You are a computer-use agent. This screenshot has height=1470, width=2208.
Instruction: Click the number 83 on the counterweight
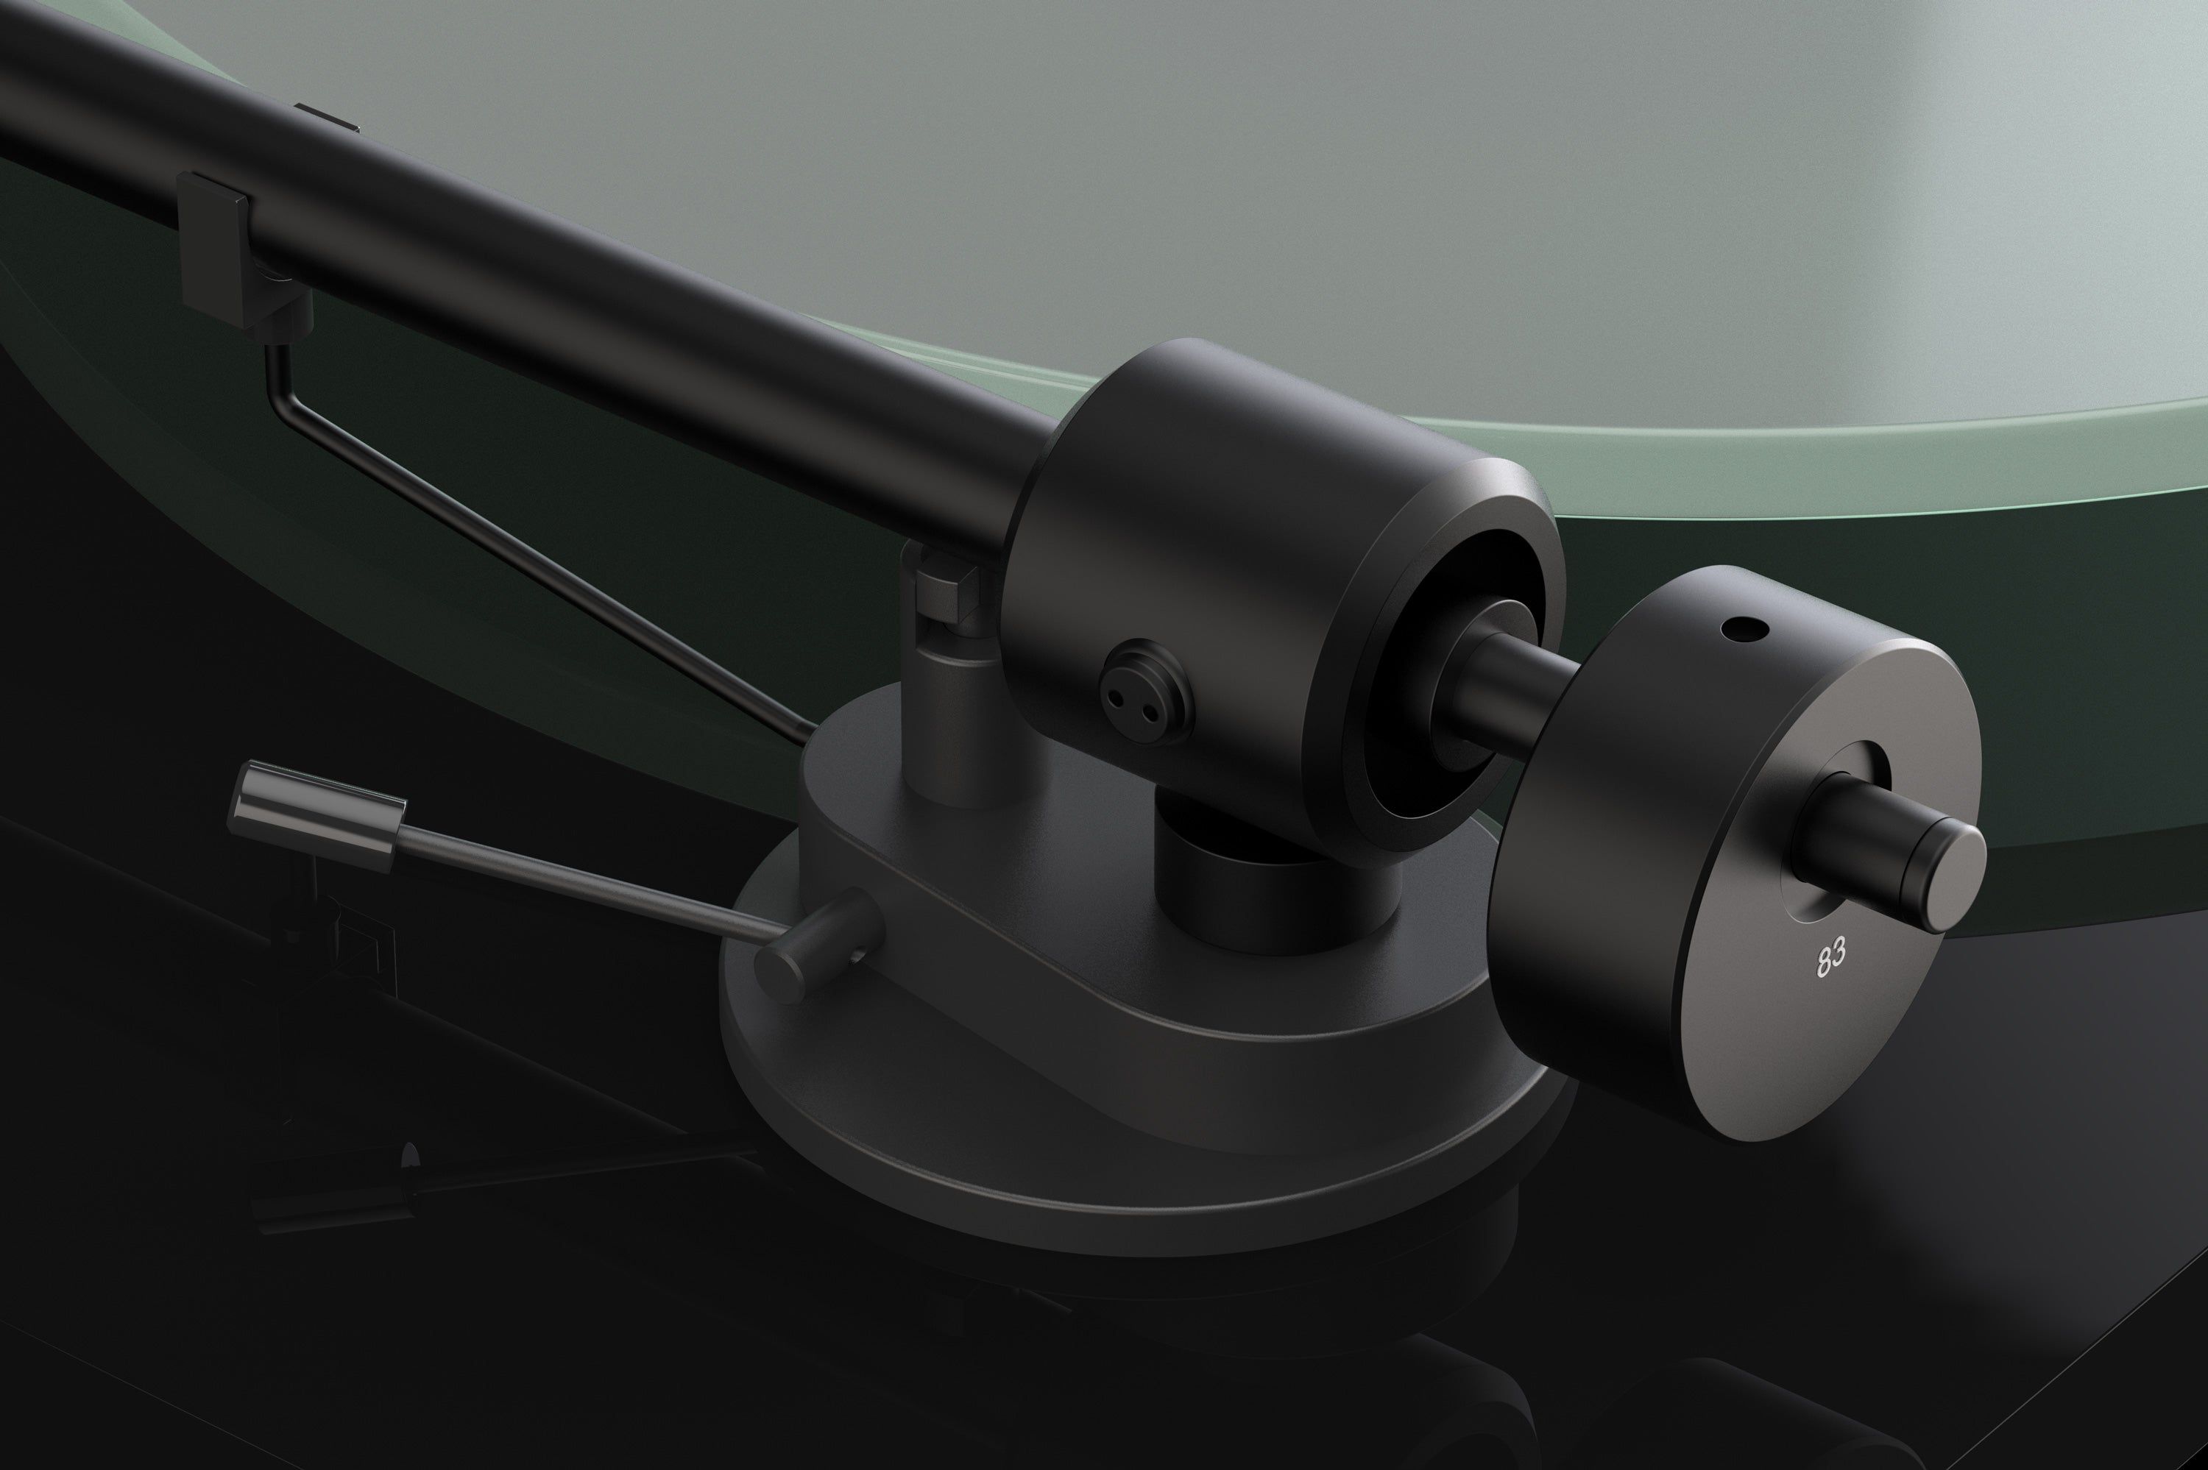coord(1831,957)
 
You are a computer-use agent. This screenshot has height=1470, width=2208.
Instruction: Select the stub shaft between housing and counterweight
coord(1519,689)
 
